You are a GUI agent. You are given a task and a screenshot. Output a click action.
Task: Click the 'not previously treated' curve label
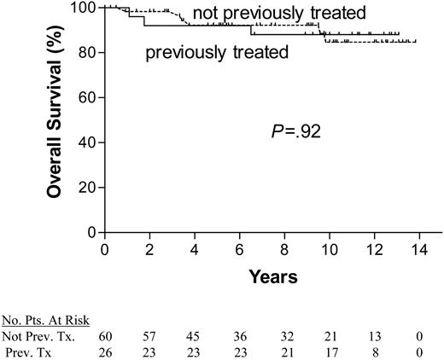278,13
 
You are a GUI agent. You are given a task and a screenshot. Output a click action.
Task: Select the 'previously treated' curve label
216,52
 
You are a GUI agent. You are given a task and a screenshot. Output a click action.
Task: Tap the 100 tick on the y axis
83,8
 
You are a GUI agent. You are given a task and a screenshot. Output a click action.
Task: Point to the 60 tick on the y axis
86,97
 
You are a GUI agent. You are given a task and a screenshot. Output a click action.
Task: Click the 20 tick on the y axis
86,187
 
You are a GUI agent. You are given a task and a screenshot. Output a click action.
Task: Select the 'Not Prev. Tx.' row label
35,335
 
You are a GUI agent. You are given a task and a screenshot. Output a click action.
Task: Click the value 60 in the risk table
104,335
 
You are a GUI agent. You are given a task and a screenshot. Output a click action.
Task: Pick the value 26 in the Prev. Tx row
104,350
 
